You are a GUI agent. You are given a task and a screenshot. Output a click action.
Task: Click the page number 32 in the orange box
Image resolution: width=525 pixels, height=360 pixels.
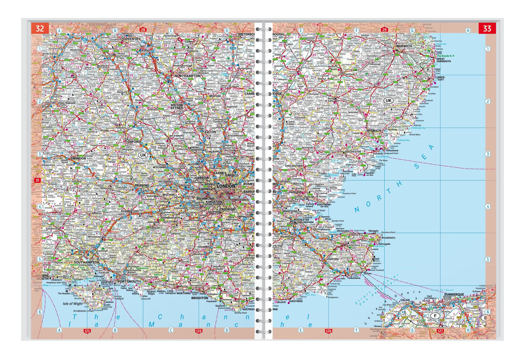[40, 28]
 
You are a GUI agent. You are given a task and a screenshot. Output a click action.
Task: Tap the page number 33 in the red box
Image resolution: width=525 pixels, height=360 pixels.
[487, 28]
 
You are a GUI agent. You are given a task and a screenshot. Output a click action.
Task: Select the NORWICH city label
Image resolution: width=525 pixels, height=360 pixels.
[404, 46]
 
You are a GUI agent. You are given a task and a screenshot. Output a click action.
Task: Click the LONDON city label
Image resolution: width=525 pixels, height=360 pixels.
[226, 186]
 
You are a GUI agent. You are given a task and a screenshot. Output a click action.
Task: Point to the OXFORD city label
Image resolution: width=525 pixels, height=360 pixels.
[134, 142]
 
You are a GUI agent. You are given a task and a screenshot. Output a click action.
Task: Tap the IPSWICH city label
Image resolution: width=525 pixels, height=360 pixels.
[374, 131]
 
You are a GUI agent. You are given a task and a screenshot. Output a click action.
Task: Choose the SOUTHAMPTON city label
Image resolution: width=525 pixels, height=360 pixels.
[86, 262]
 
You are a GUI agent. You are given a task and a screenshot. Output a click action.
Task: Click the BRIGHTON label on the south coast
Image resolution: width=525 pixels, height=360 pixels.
[199, 298]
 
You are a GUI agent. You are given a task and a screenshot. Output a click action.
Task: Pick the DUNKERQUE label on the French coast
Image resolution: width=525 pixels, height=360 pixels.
[454, 295]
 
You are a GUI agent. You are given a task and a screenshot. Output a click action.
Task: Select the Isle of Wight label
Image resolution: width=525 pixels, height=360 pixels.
[72, 304]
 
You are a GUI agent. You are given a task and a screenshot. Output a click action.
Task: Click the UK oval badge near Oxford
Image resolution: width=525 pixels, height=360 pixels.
[143, 155]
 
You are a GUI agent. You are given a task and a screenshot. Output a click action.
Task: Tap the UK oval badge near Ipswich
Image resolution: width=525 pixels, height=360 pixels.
[388, 101]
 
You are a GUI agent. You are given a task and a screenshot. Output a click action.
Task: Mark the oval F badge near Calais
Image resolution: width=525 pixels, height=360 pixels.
[435, 316]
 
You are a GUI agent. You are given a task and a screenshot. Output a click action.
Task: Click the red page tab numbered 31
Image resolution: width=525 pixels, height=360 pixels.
[37, 180]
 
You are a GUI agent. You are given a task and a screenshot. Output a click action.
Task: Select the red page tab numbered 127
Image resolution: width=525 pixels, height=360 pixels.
[440, 331]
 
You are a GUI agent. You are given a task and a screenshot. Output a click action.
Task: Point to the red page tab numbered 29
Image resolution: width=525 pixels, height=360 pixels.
[384, 30]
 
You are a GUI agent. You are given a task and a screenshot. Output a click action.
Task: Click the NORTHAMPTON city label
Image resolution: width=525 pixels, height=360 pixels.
[188, 76]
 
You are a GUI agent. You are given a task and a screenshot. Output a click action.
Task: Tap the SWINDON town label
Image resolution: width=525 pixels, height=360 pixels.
[78, 158]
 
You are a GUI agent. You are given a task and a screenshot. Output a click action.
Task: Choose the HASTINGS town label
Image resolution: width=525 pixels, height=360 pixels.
[296, 301]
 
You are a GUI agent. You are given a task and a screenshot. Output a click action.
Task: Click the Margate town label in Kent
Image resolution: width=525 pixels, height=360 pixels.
[373, 231]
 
